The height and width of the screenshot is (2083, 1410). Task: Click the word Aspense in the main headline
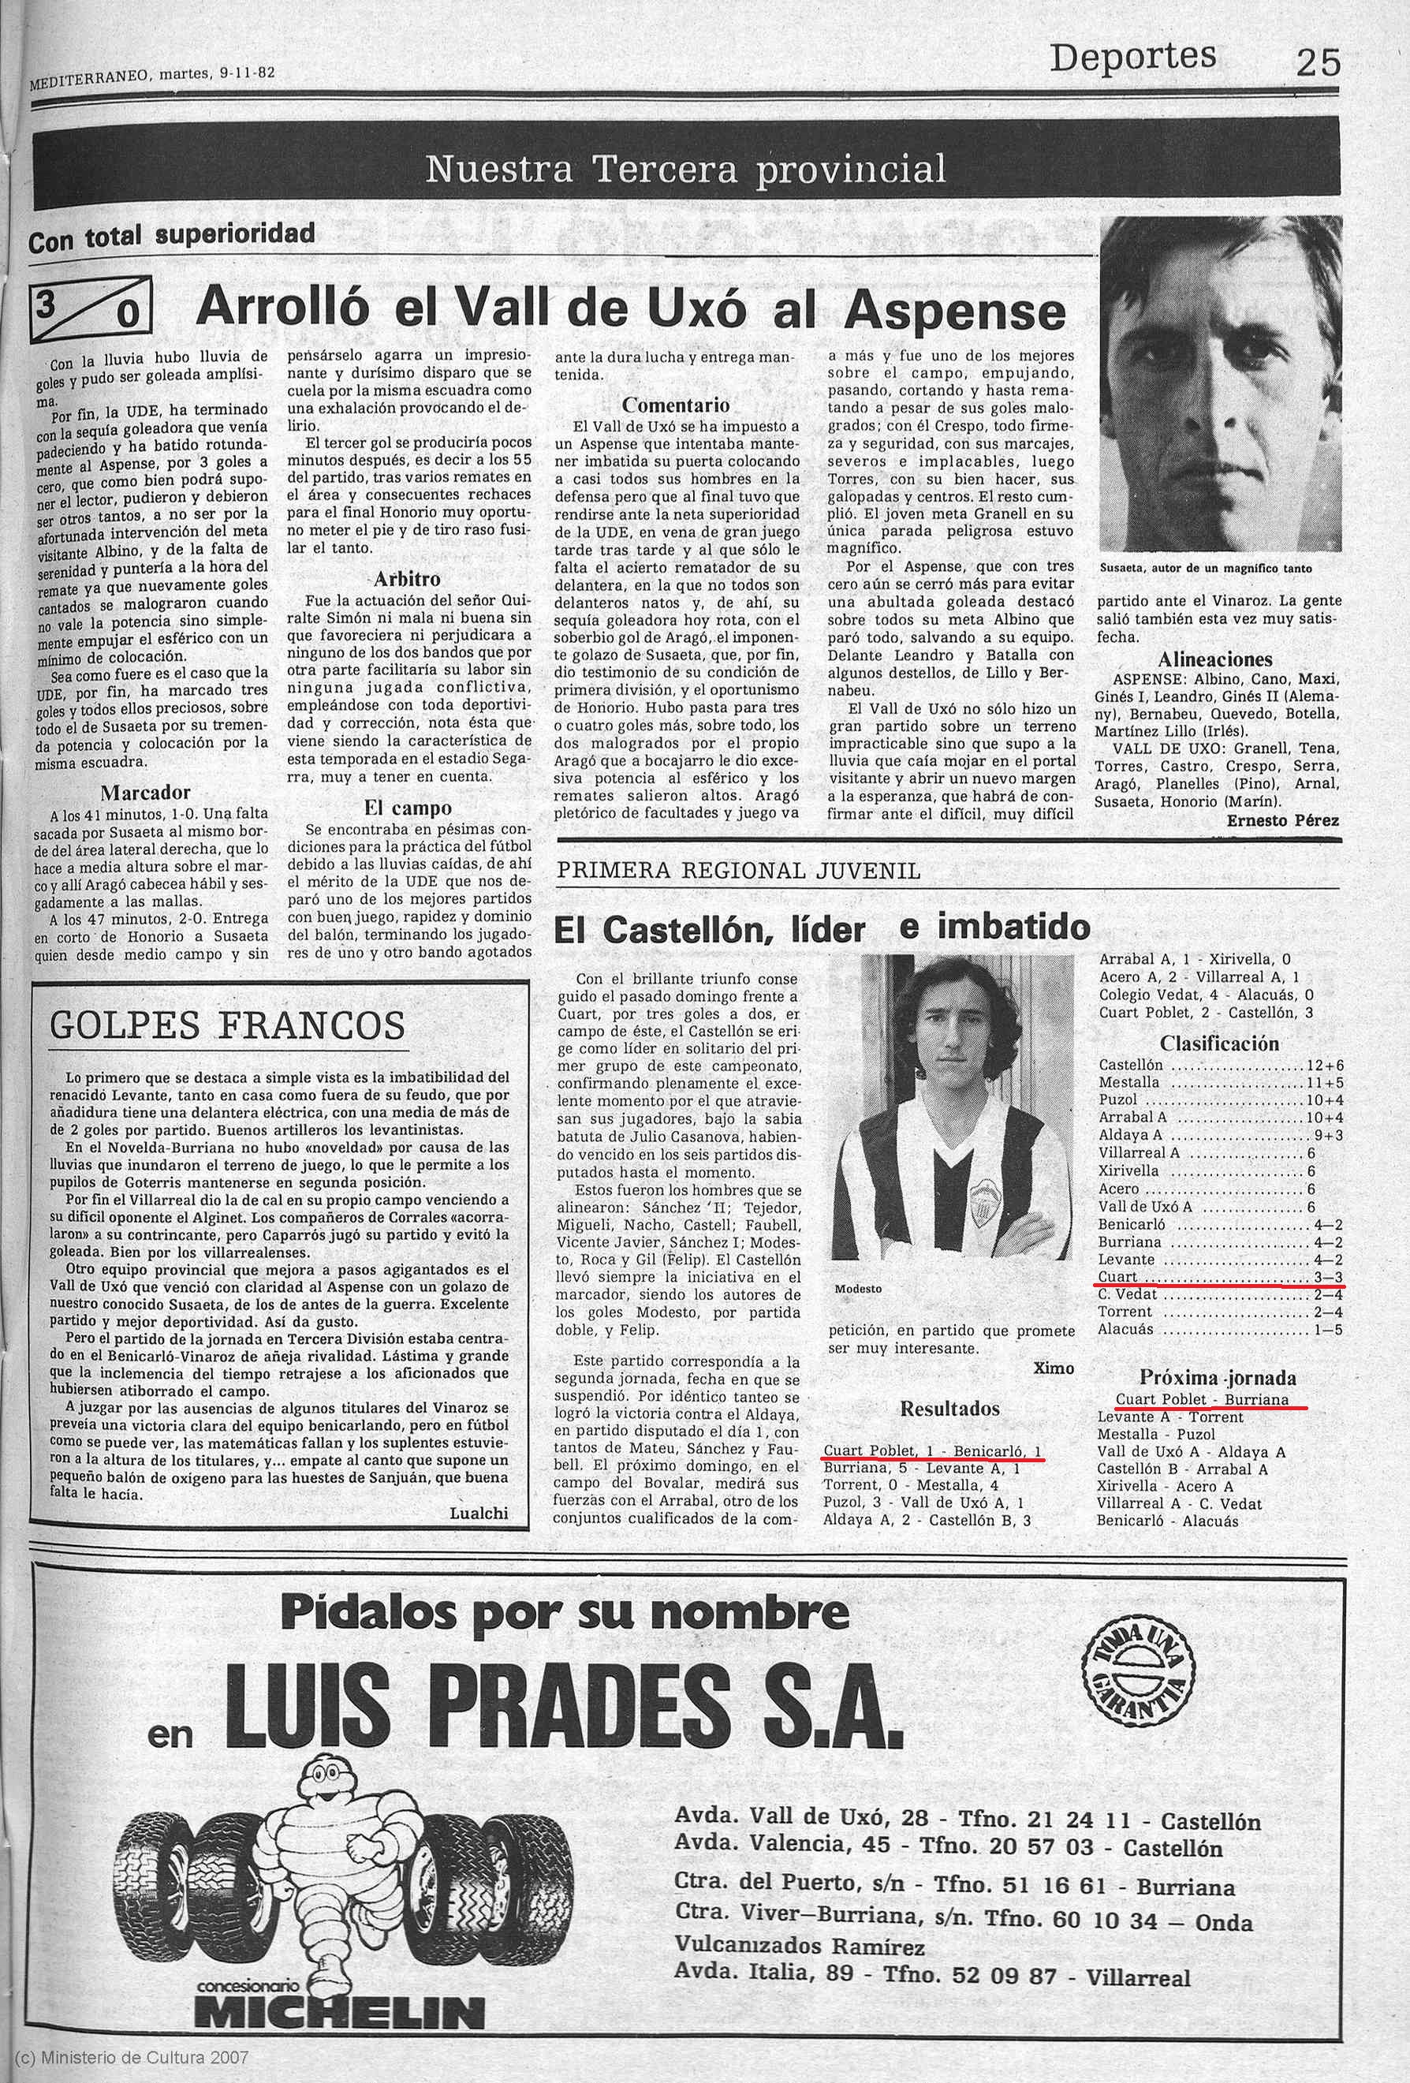955,310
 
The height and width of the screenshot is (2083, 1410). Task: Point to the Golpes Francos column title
227,1025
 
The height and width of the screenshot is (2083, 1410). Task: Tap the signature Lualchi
480,1513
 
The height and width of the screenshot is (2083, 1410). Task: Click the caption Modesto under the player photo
858,1288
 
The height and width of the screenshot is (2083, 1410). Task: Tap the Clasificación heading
1219,1043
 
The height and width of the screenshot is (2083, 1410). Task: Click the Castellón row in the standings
1219,1066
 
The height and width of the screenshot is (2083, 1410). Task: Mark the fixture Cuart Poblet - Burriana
1202,1399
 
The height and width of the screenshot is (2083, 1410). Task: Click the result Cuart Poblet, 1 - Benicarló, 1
932,1451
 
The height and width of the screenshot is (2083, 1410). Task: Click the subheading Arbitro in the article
407,579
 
